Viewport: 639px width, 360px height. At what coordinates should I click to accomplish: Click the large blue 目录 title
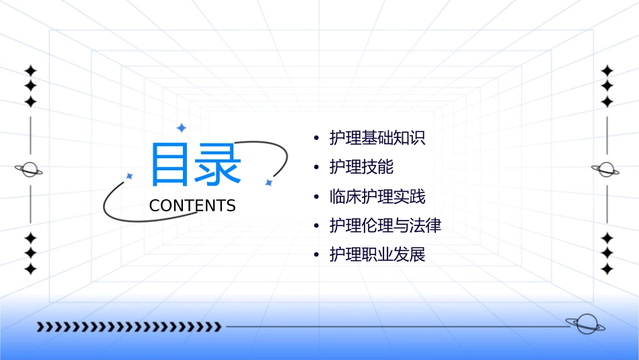195,164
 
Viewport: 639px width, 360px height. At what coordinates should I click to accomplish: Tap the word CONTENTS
192,206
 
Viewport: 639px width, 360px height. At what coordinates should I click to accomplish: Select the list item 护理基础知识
377,139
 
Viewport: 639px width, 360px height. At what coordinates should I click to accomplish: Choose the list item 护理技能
361,168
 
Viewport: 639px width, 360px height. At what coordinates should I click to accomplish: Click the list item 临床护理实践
377,196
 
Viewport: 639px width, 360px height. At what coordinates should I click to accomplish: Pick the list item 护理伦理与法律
385,226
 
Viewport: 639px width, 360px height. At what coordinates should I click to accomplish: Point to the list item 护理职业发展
377,255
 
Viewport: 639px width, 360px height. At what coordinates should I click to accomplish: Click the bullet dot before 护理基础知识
317,139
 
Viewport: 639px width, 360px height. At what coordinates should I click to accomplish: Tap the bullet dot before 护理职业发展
317,256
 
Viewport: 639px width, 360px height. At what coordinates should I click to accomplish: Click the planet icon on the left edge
29,170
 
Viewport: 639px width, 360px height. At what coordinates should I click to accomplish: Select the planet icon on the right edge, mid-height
606,170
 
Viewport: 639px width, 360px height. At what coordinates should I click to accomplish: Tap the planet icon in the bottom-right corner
585,324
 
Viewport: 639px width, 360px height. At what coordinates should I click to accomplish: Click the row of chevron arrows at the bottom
128,327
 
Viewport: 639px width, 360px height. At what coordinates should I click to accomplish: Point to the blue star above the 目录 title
181,127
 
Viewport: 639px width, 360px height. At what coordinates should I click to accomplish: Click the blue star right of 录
268,182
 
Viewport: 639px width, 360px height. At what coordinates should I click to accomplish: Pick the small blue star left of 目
130,176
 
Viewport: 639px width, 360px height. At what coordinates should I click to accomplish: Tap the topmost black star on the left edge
30,71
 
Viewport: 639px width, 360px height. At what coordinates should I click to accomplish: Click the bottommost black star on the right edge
607,268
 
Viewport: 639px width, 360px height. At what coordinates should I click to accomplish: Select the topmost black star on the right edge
607,71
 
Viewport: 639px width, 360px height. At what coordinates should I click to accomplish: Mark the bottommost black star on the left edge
30,268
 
